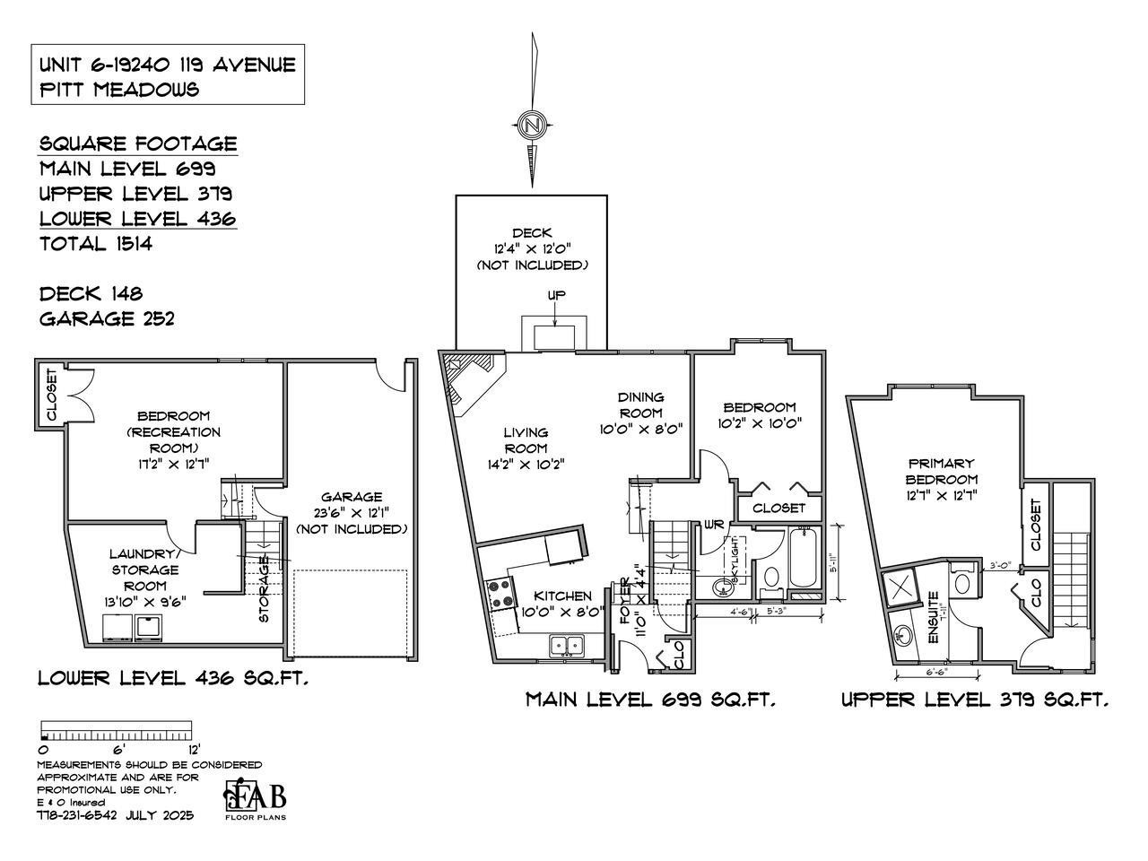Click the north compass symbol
point(533,125)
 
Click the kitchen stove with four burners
point(500,594)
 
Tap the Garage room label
point(352,497)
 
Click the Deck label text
point(532,233)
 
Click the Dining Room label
point(640,405)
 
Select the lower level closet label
point(51,395)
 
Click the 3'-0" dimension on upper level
point(1002,565)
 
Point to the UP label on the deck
point(556,295)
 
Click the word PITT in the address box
point(60,89)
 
